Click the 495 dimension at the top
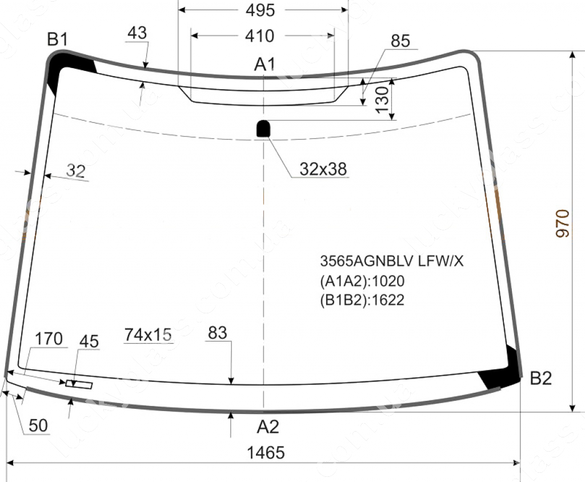click(x=260, y=10)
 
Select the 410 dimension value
click(x=260, y=36)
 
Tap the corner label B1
click(x=58, y=39)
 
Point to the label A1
click(x=265, y=64)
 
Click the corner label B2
click(x=540, y=378)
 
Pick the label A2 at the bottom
click(x=268, y=427)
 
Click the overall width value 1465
click(x=266, y=452)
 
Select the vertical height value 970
click(x=563, y=224)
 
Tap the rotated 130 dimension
click(x=382, y=99)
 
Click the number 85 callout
click(x=400, y=41)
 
